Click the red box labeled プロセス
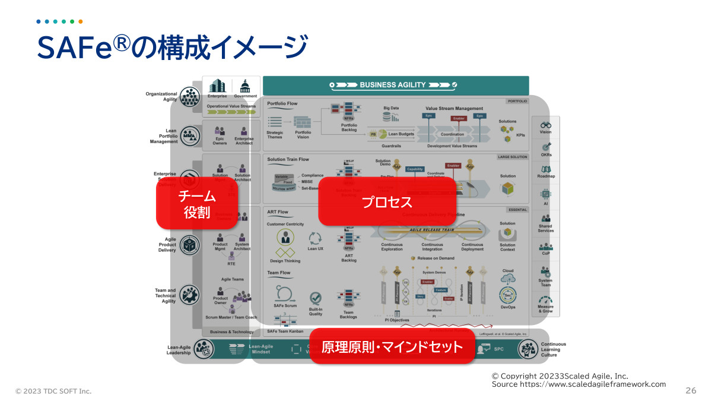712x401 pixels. [x=387, y=201]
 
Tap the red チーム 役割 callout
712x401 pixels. [x=196, y=204]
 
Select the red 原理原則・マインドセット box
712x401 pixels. [x=392, y=346]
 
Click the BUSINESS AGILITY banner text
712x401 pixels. [x=393, y=85]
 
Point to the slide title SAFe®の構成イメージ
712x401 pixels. [x=172, y=48]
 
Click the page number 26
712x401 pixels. [x=690, y=390]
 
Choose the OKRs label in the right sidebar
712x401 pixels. [x=545, y=155]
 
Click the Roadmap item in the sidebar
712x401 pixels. [x=545, y=176]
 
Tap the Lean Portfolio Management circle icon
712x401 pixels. [x=190, y=136]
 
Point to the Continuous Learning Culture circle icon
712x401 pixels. [x=528, y=349]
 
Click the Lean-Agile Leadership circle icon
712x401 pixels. [x=204, y=349]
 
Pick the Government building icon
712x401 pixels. [x=245, y=86]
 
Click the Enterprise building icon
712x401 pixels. [x=217, y=86]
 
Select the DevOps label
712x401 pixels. [x=507, y=307]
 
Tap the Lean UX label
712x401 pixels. [x=315, y=249]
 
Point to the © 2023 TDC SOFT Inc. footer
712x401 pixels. [x=53, y=391]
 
